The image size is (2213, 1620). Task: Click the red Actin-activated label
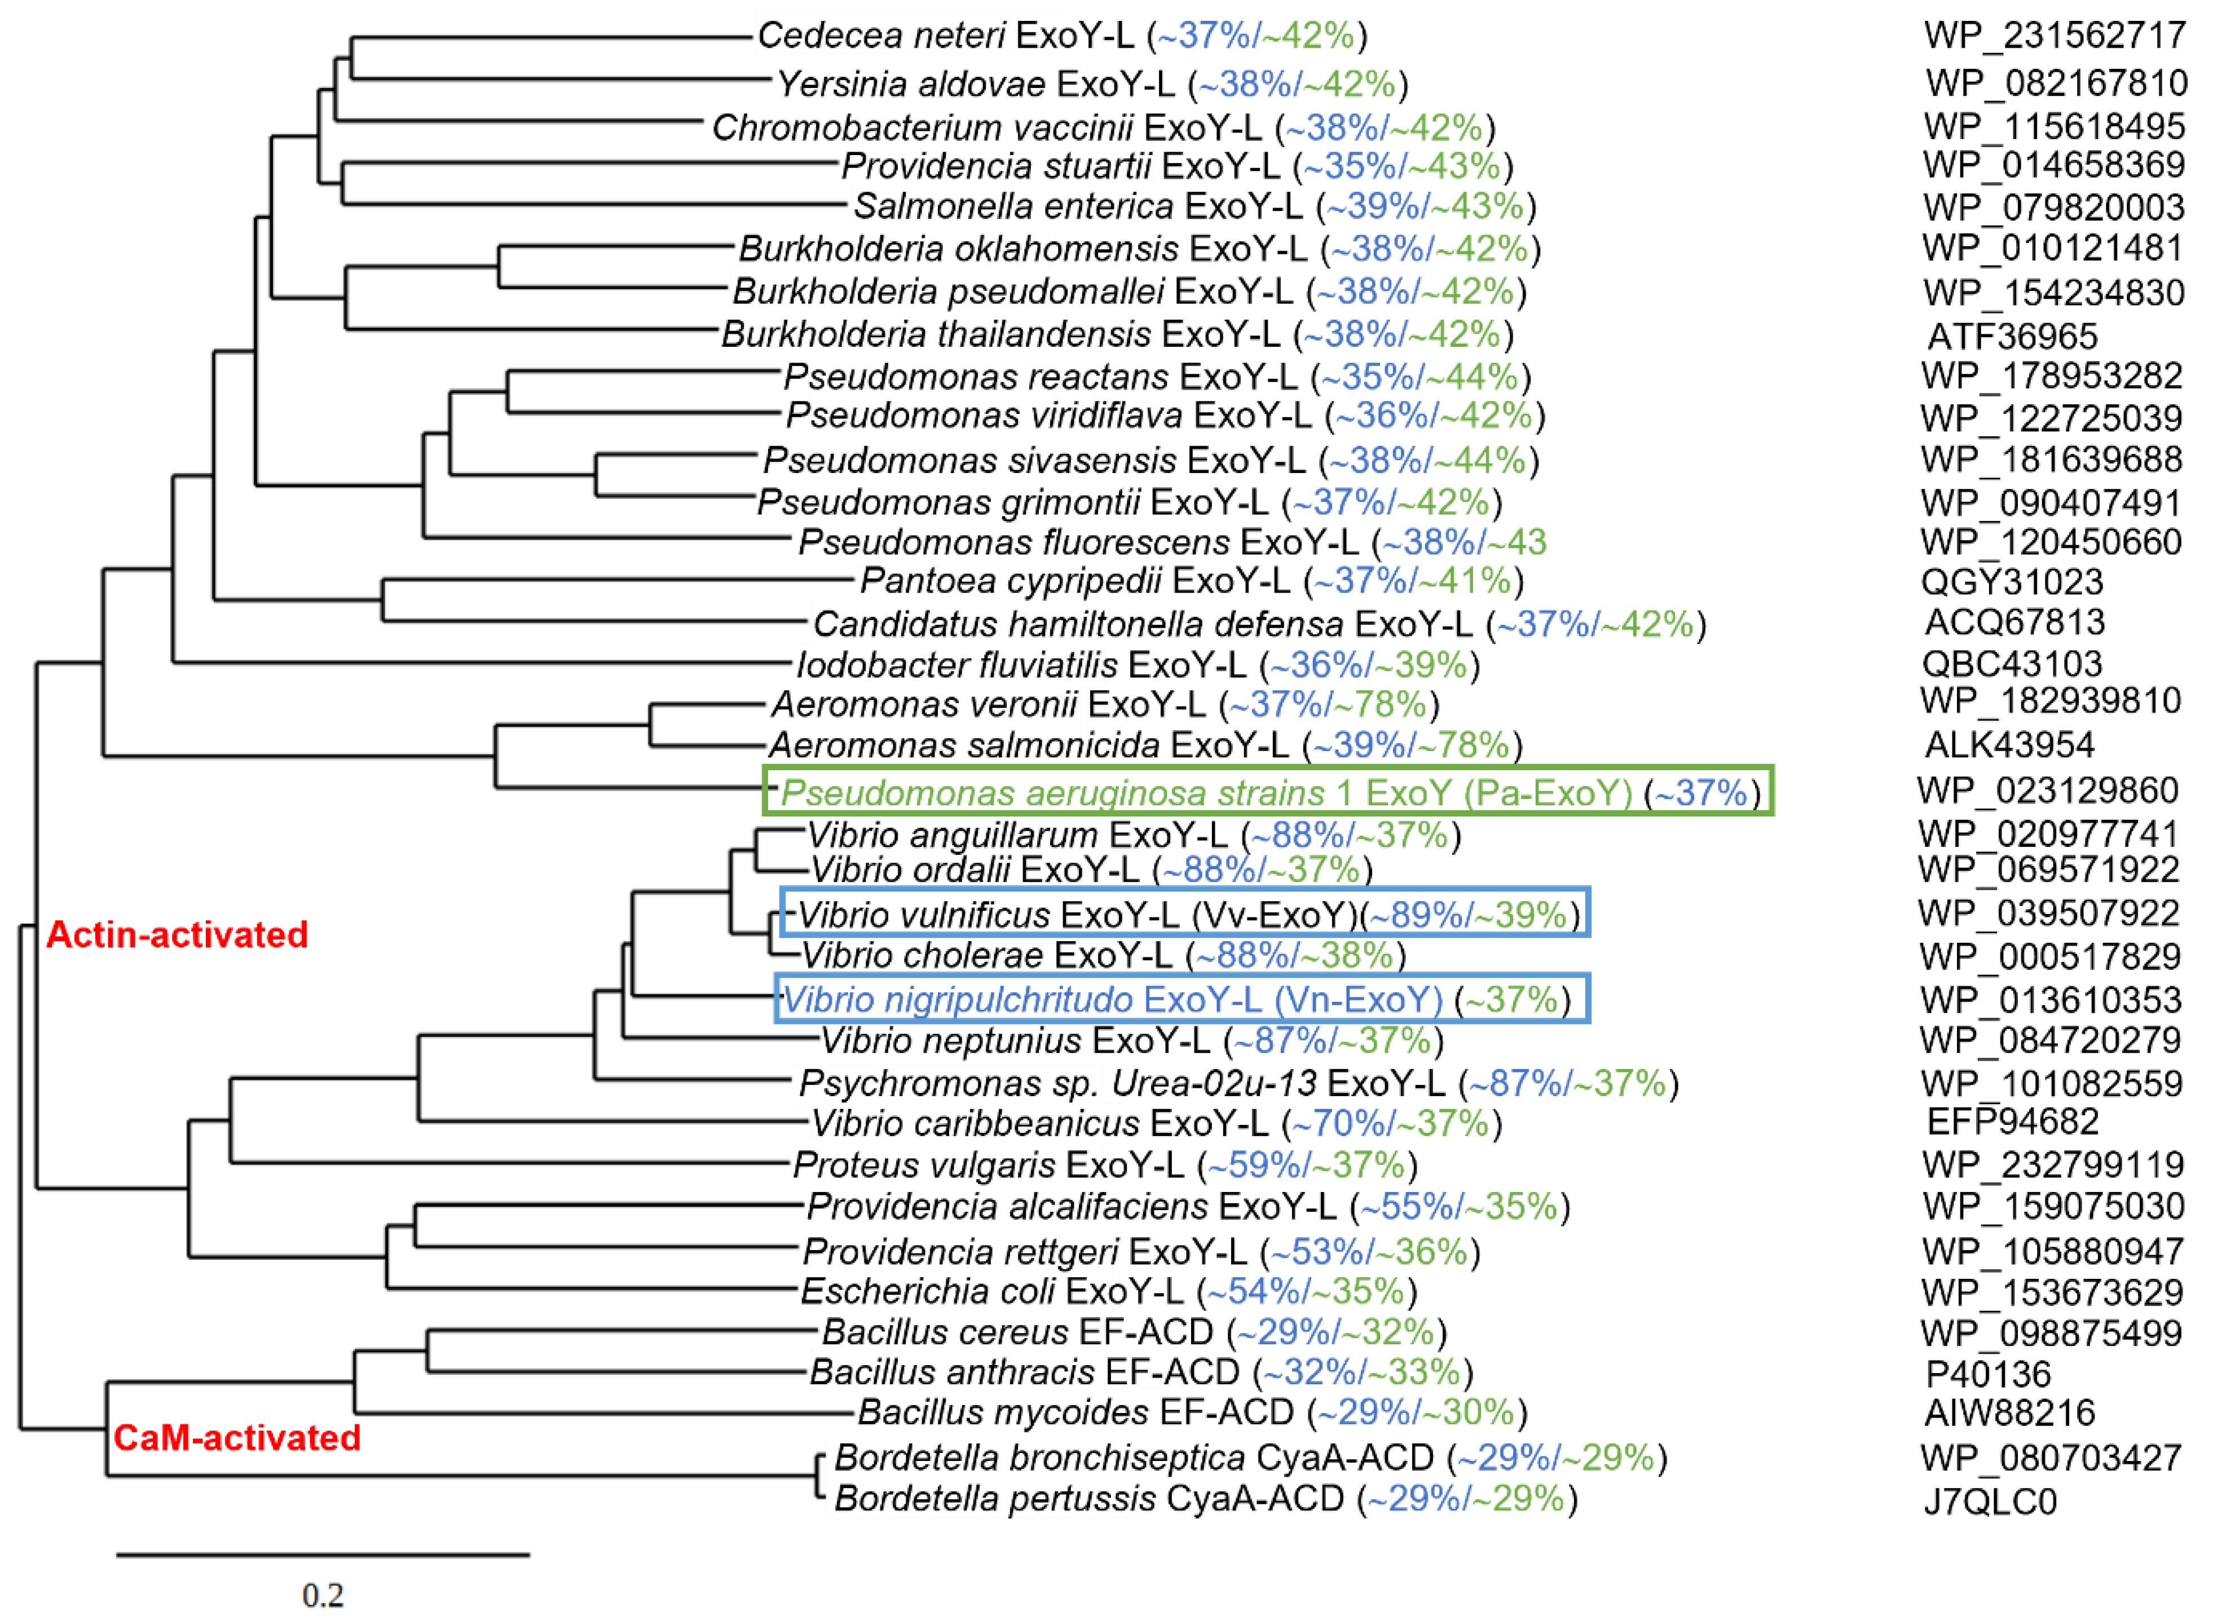pyautogui.click(x=178, y=934)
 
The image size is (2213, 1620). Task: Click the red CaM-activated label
pyautogui.click(x=237, y=1438)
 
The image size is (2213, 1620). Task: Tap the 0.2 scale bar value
pyautogui.click(x=323, y=1596)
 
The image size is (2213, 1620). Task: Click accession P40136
pyautogui.click(x=1989, y=1374)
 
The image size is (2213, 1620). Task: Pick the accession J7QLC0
pyautogui.click(x=1990, y=1502)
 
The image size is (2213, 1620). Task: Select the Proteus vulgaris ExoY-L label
pyautogui.click(x=988, y=1165)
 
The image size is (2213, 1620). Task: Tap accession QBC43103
pyautogui.click(x=2012, y=664)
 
